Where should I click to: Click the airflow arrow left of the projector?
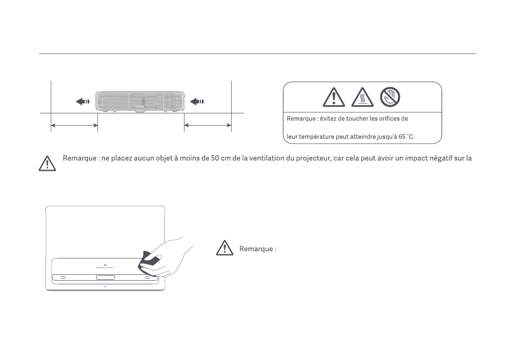82,102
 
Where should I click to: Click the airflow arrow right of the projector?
197,102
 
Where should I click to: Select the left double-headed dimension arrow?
74,125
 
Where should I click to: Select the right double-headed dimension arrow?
208,125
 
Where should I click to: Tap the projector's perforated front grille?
140,101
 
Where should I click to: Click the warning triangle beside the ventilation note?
47,163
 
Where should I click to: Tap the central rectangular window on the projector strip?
105,277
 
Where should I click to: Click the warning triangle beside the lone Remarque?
225,249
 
